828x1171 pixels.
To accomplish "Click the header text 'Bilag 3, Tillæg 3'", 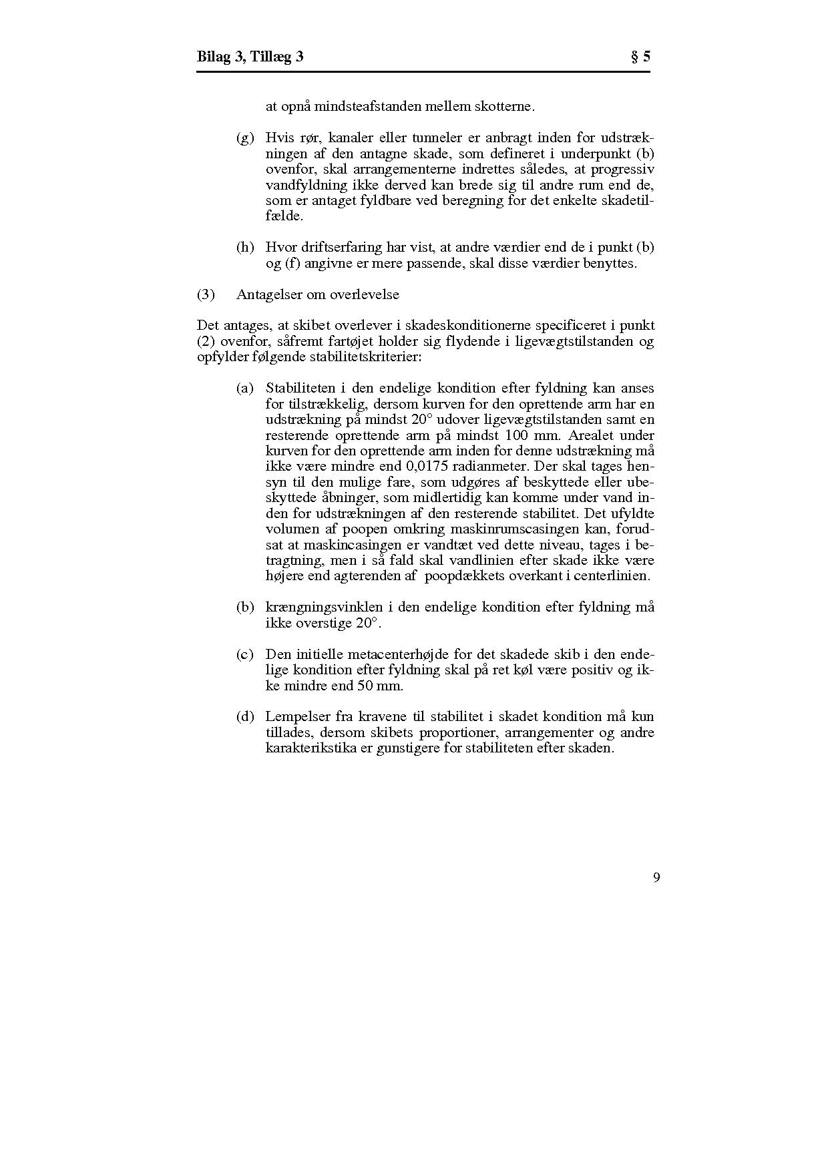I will coord(250,57).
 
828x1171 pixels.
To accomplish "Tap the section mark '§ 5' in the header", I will coord(640,57).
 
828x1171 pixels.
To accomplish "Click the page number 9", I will coord(656,877).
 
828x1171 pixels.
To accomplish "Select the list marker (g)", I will coord(245,138).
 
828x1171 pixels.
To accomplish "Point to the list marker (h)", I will coord(245,248).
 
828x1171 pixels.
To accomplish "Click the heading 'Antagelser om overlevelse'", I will coord(317,294).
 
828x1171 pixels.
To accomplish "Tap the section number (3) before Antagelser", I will coord(206,294).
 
